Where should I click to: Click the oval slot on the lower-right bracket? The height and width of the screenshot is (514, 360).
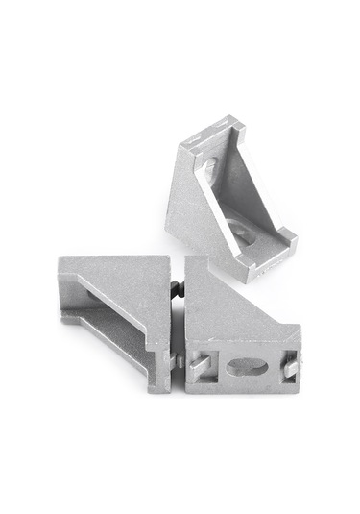(248, 367)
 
